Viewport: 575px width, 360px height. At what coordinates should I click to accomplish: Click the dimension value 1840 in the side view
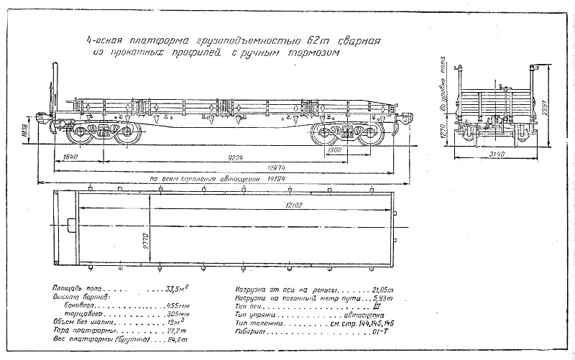pyautogui.click(x=70, y=156)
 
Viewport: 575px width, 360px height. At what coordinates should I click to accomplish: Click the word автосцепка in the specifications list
pyautogui.click(x=366, y=314)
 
